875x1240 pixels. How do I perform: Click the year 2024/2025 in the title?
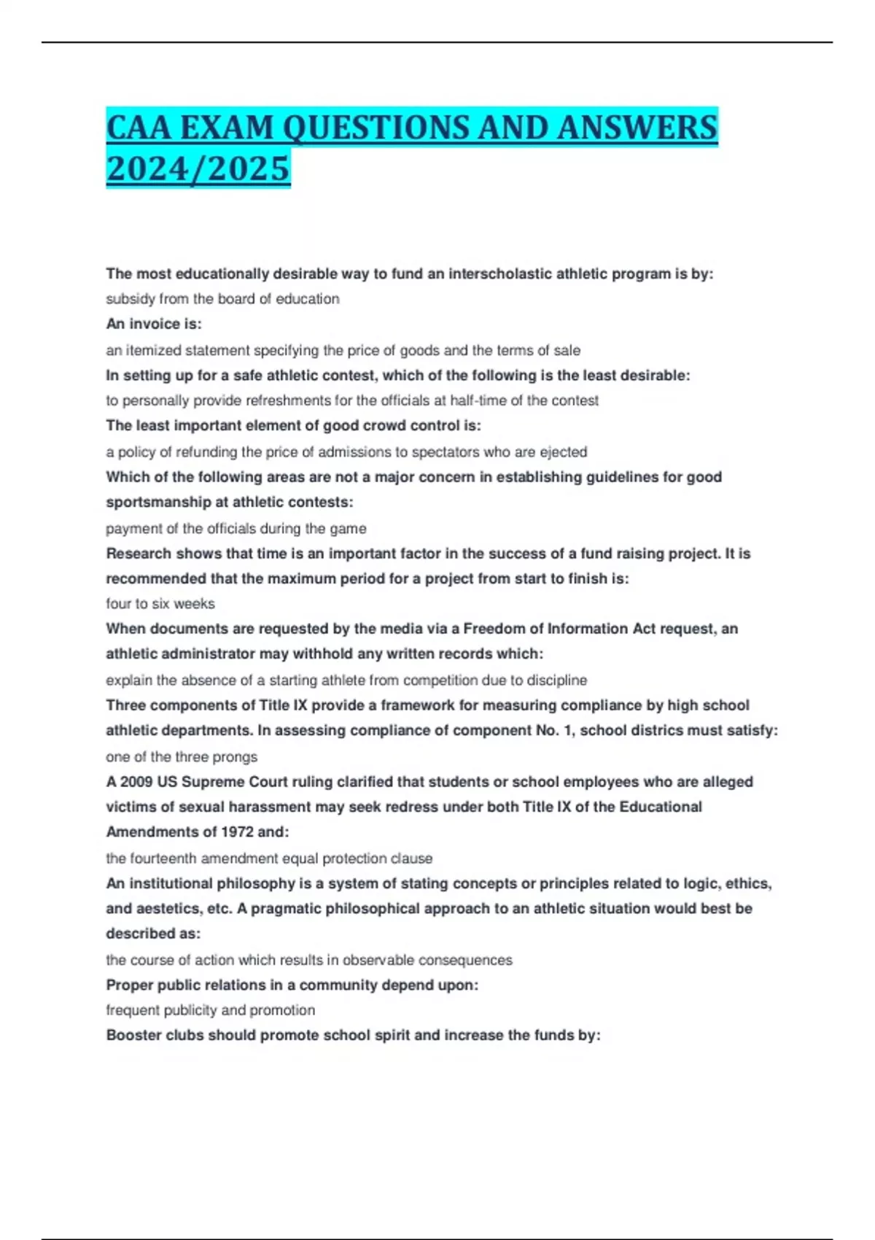(x=198, y=168)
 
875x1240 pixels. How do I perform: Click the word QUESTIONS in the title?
(x=376, y=128)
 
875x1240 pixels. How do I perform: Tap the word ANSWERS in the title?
(x=637, y=128)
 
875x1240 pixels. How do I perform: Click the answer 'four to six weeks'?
(x=160, y=604)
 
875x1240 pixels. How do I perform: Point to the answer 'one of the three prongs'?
(x=182, y=756)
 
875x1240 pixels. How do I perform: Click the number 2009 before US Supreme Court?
(x=136, y=782)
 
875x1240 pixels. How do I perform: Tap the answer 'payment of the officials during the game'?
(x=236, y=528)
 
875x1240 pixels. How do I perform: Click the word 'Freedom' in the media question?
(x=491, y=629)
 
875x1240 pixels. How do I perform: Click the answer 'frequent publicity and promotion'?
(x=211, y=1010)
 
